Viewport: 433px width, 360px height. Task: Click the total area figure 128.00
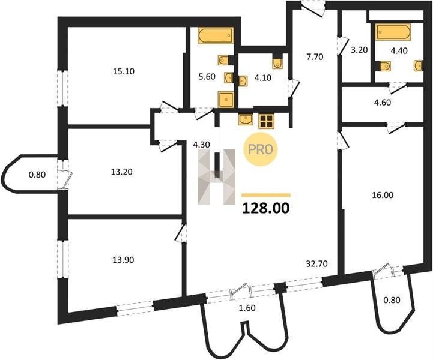266,208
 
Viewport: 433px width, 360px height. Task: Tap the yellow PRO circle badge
261,149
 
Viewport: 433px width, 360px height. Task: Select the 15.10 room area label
124,72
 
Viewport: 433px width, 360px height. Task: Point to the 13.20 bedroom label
121,172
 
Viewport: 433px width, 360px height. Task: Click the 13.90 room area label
123,260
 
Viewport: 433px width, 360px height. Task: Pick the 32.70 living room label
316,264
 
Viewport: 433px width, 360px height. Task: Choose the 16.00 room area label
382,196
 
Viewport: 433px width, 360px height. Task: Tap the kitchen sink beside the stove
246,120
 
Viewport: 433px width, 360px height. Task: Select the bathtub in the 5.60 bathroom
216,35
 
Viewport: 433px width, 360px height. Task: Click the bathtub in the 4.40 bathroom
392,32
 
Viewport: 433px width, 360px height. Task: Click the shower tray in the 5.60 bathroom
226,100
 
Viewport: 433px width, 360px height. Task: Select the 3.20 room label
359,50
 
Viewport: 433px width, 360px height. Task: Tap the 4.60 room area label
383,103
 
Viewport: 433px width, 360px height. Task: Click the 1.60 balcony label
247,308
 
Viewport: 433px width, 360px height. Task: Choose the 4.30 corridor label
202,145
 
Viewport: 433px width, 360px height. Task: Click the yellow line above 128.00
266,195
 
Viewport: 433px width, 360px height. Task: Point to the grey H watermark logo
216,177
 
